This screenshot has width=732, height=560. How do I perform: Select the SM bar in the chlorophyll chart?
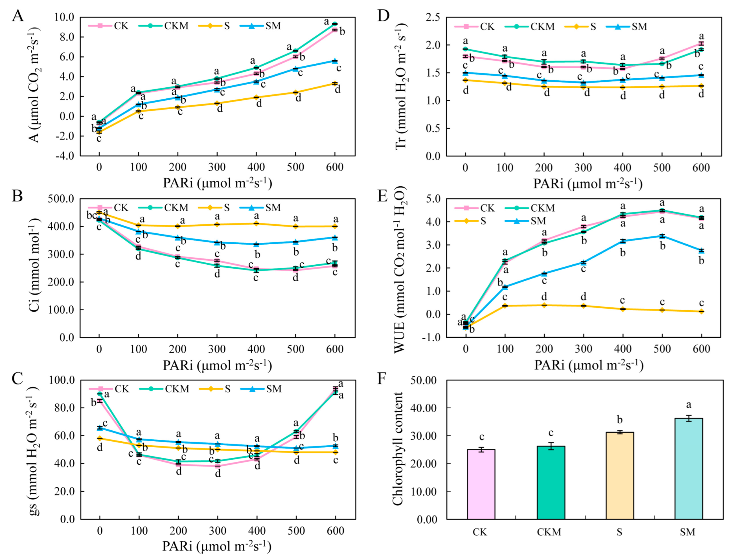point(688,468)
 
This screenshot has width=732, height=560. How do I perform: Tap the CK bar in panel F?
point(481,484)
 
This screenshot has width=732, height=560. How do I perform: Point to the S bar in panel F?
point(619,475)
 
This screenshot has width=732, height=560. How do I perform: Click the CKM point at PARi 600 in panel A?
point(334,24)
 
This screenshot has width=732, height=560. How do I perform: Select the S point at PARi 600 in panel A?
point(334,84)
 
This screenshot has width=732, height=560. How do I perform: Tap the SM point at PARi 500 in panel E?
point(662,236)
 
